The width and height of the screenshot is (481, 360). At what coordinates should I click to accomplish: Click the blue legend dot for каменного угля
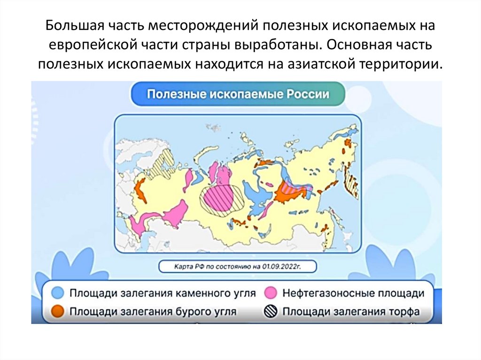click(58, 293)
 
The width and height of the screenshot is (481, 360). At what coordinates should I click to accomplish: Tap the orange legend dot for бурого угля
click(58, 311)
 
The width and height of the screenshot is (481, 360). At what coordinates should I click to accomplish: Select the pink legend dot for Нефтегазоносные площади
click(270, 293)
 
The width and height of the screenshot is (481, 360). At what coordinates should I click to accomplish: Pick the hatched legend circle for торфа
click(270, 311)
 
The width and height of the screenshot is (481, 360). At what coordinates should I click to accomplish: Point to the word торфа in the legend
click(401, 311)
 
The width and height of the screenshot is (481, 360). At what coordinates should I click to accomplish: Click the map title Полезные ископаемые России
click(238, 93)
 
